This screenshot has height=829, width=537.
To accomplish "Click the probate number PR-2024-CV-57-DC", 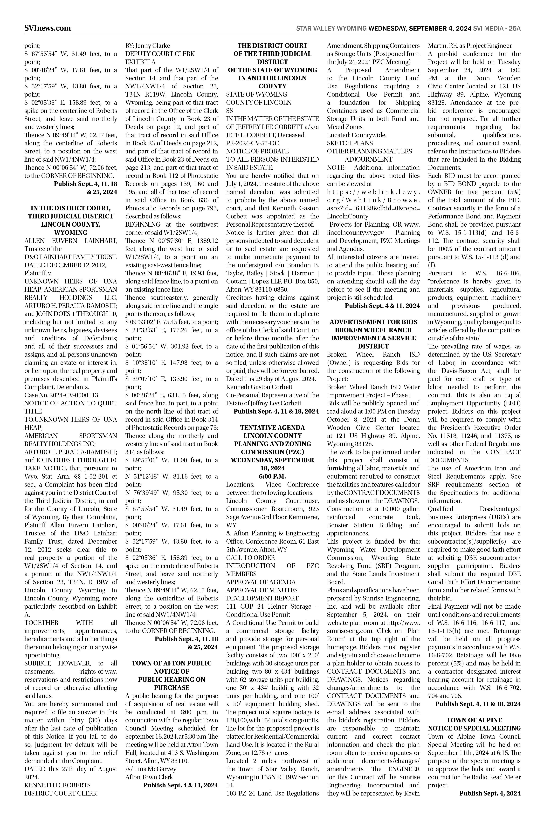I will pos(252,143).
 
